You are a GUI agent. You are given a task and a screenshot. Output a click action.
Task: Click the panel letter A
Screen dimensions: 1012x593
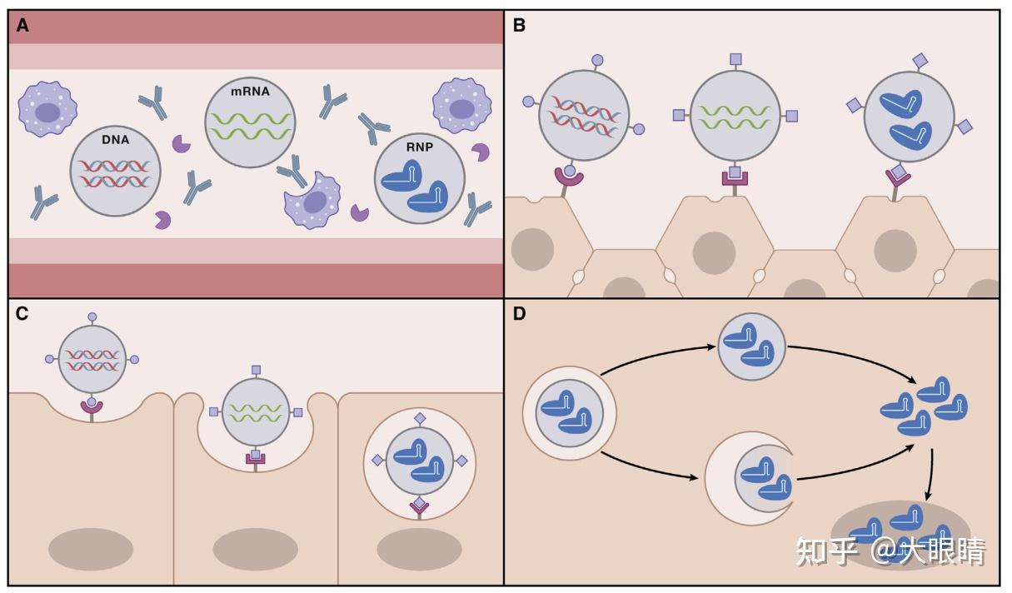(22, 26)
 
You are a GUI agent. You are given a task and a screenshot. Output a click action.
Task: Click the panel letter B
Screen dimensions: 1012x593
(519, 26)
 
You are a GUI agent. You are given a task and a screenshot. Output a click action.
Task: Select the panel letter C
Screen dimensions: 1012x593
(22, 313)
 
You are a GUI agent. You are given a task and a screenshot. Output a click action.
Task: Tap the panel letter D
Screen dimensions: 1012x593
(519, 313)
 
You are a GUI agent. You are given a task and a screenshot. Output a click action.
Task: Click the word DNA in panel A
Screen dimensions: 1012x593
(116, 140)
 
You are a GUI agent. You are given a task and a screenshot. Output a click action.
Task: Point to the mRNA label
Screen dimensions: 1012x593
(250, 92)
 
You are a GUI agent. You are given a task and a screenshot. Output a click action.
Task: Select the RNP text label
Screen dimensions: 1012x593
(420, 147)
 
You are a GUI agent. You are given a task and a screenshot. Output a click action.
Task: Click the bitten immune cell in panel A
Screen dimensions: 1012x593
(312, 201)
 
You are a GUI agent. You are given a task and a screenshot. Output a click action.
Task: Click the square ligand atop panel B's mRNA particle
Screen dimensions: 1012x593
(735, 59)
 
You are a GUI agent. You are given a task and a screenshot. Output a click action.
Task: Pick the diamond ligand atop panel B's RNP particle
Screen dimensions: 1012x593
(920, 60)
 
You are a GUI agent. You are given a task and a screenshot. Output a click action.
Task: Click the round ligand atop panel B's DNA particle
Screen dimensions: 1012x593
(597, 60)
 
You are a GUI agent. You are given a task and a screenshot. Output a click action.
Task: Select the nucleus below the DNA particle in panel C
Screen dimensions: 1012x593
(91, 549)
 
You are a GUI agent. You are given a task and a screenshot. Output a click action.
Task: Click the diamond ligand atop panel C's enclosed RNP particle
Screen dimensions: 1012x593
(420, 419)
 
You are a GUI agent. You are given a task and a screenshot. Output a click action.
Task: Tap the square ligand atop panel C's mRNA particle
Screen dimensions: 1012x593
(257, 371)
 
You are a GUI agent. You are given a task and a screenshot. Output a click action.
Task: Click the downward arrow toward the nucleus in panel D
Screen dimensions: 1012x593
(930, 474)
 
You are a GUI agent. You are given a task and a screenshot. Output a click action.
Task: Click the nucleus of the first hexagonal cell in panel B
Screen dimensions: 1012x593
(533, 249)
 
